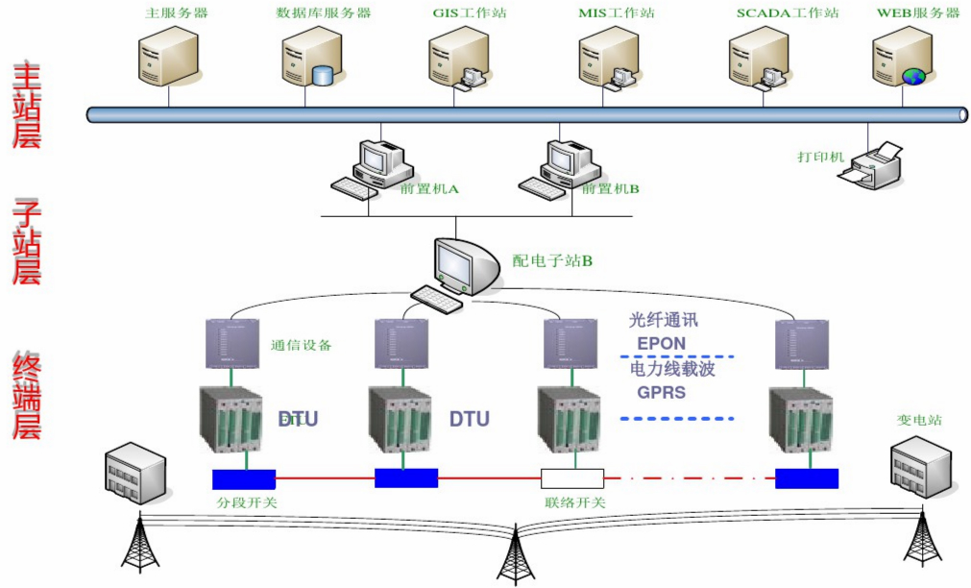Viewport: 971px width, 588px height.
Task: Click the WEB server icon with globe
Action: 903,57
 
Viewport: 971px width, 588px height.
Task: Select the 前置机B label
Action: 610,189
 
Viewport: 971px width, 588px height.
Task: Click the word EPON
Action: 662,344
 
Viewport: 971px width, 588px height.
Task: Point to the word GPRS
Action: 662,392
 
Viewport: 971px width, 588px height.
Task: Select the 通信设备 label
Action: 301,345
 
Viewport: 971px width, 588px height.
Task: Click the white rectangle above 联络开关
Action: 572,478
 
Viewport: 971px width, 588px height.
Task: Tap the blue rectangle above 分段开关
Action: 244,478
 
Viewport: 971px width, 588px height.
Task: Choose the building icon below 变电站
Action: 919,465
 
